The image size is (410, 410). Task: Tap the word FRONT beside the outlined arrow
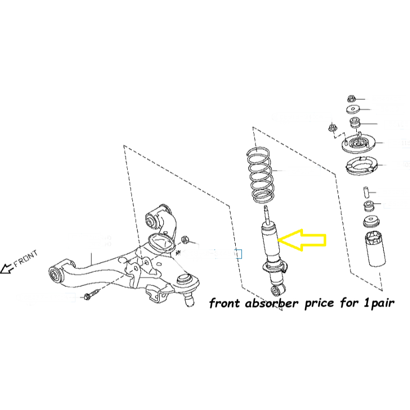tap(26, 259)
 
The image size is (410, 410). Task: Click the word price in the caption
tap(322, 303)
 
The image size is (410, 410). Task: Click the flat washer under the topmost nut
tap(353, 109)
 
